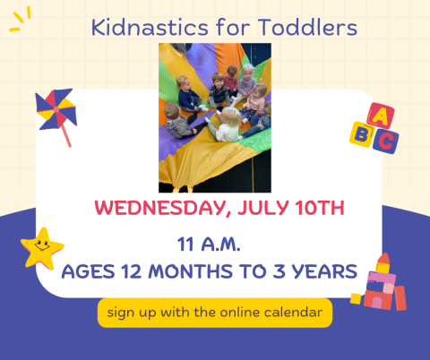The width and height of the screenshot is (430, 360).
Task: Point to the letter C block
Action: tap(385, 140)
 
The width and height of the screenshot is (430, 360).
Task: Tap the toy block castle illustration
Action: tap(382, 286)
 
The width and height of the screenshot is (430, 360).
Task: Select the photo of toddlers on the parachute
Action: tap(215, 116)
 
